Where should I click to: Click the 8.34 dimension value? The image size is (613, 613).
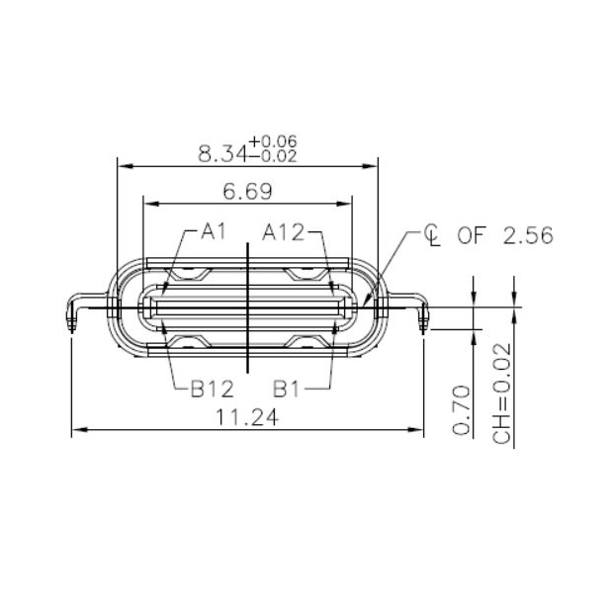click(223, 153)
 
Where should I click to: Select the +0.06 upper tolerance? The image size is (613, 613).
click(275, 142)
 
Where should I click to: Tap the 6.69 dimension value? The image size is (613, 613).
click(247, 191)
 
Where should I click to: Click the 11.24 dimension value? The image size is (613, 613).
click(246, 417)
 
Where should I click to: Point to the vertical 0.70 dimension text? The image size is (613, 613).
click(461, 409)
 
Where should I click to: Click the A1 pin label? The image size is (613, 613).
click(214, 232)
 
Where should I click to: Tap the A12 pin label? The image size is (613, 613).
click(283, 232)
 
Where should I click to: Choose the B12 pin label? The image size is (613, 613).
click(212, 388)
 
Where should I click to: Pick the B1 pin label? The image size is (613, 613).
click(287, 388)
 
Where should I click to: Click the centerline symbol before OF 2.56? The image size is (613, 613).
click(431, 235)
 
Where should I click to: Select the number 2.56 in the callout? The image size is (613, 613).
click(528, 235)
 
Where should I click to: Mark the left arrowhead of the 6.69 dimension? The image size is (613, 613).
click(149, 203)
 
